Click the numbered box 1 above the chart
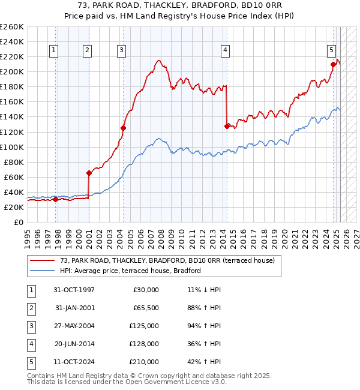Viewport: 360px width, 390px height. click(55, 50)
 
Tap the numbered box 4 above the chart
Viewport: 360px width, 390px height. click(226, 50)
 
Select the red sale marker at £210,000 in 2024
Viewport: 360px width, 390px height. click(332, 64)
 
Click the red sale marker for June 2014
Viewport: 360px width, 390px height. click(227, 126)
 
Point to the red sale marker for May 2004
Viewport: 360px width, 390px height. click(123, 128)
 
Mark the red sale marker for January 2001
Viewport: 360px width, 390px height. click(89, 173)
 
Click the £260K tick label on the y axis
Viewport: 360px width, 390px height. click(12, 27)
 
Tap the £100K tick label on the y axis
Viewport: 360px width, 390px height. click(12, 147)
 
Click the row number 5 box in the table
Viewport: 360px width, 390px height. click(30, 362)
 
